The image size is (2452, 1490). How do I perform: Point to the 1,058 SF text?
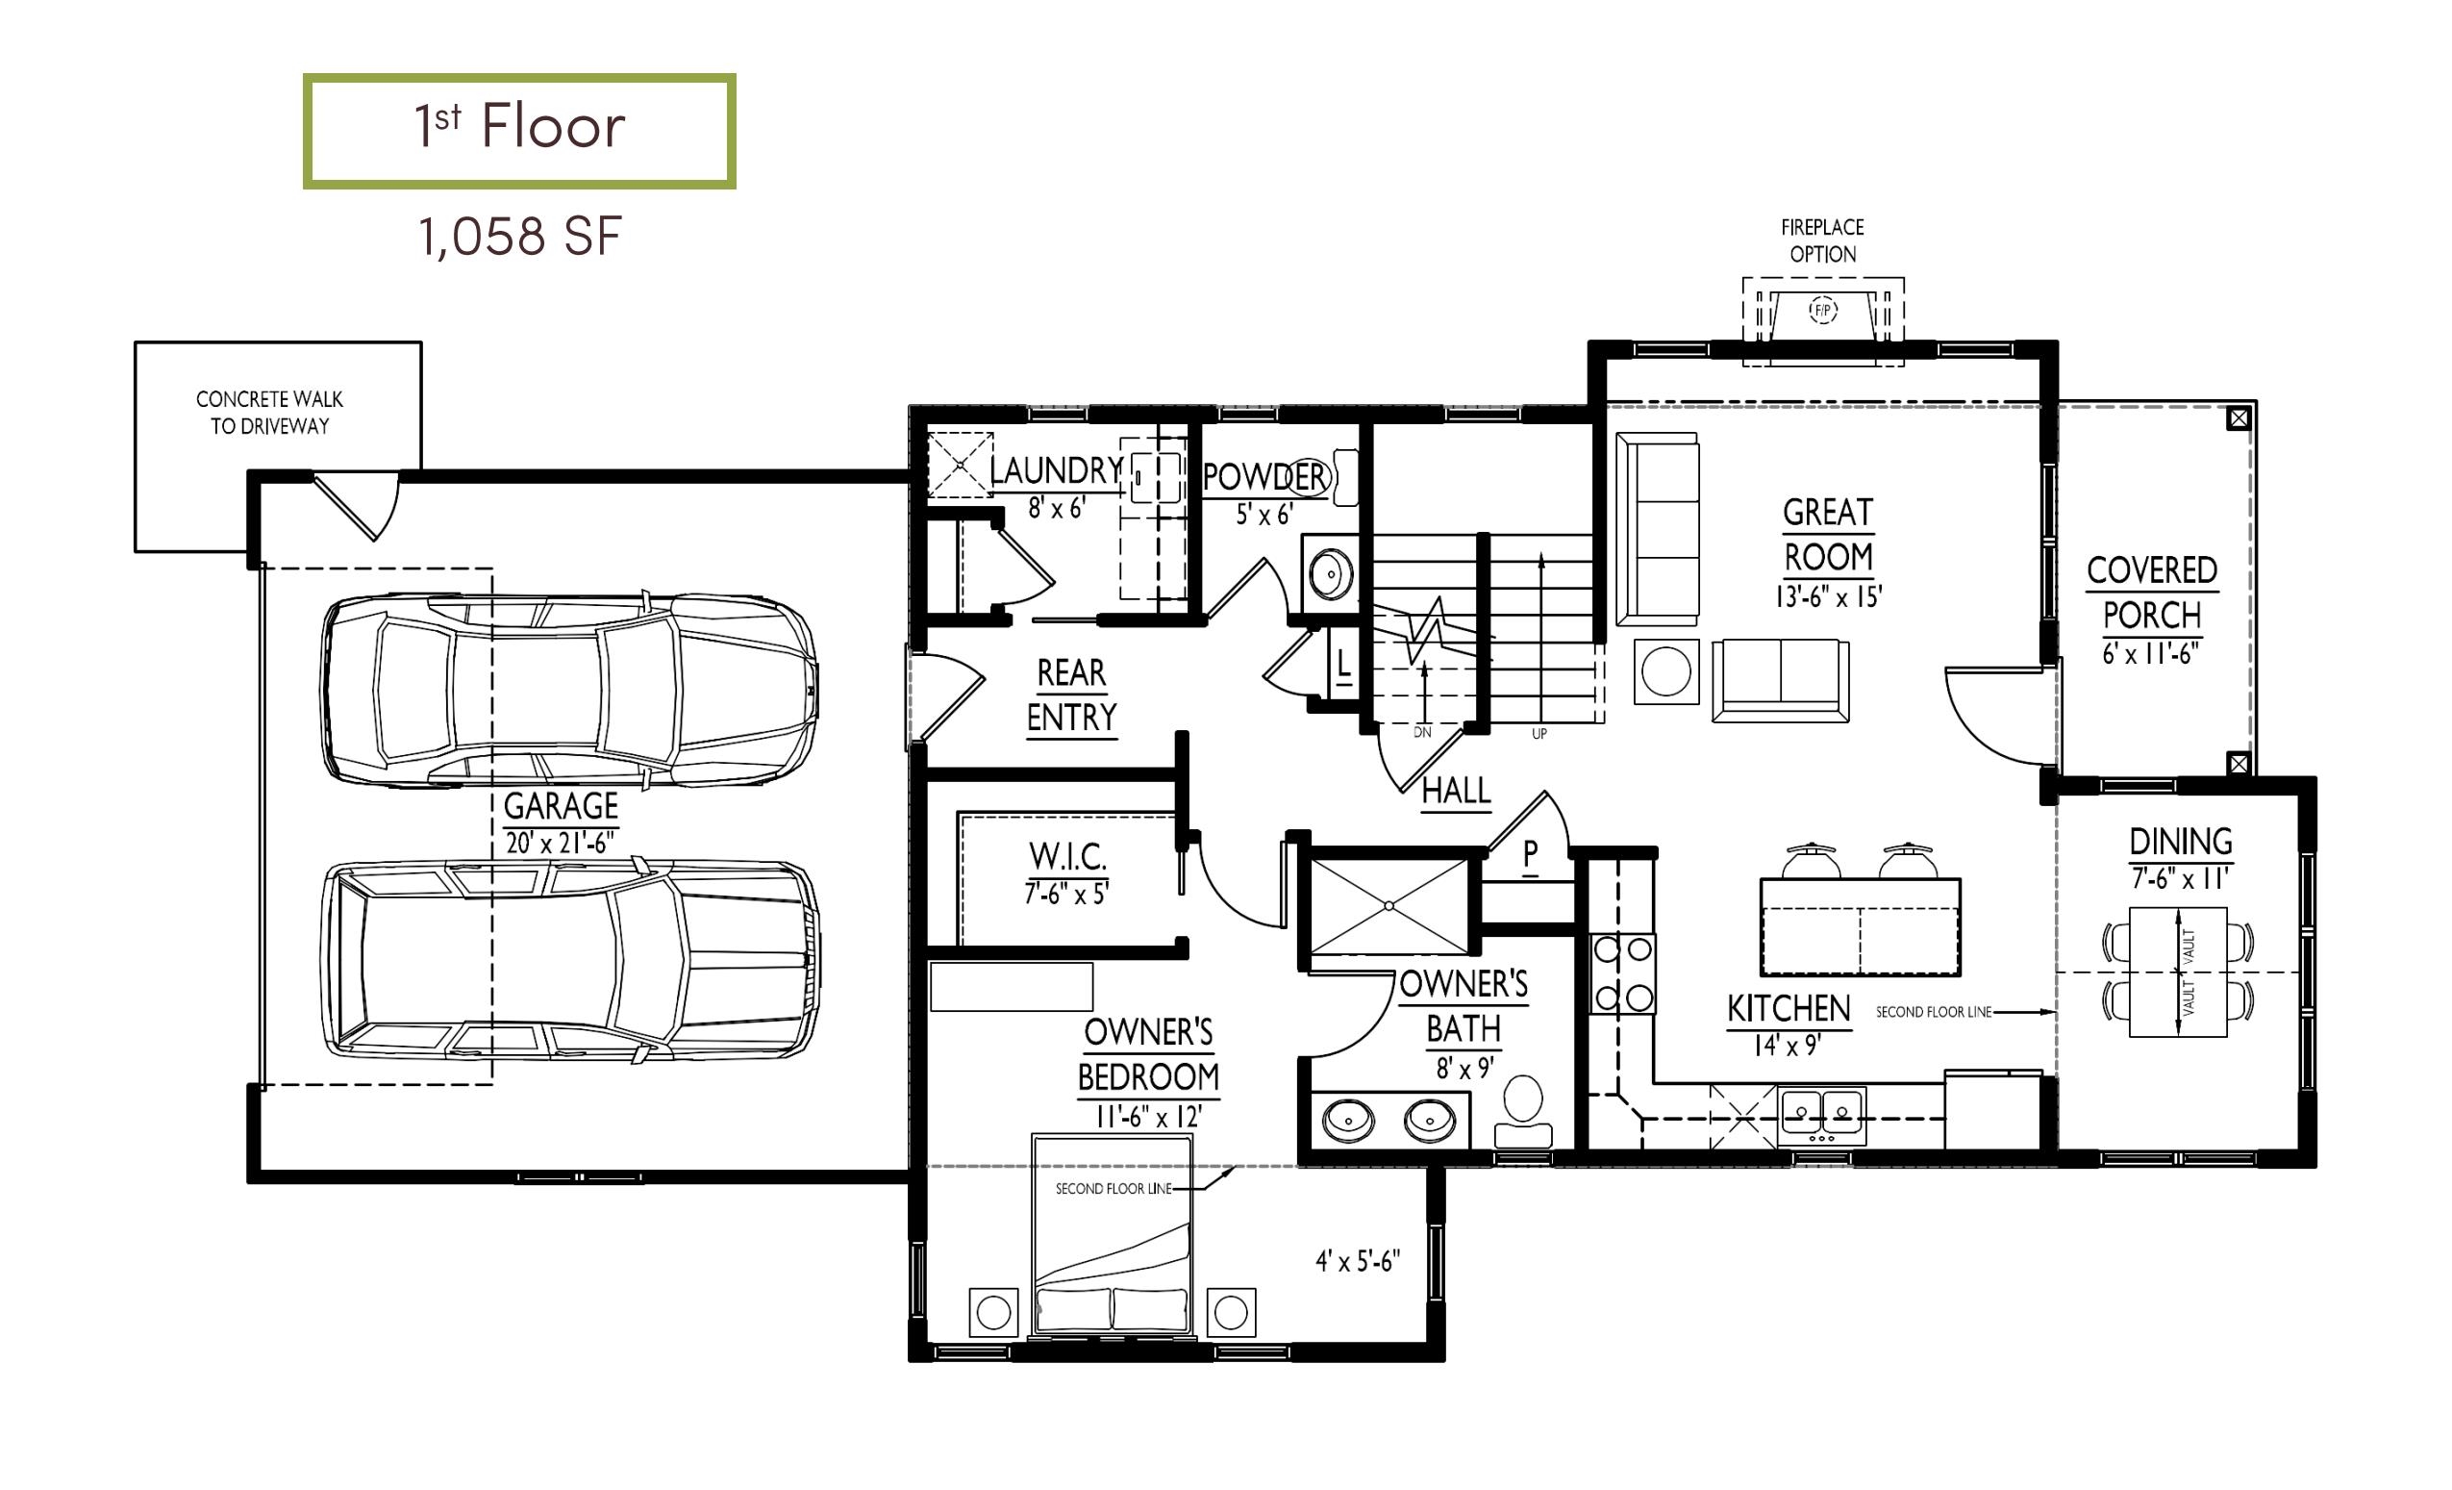520,237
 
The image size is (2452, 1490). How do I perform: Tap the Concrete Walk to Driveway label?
269,412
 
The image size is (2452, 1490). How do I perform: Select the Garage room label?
562,805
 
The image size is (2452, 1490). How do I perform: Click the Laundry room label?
1056,469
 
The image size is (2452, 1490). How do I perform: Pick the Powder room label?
1264,478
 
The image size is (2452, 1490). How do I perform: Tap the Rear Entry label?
1072,694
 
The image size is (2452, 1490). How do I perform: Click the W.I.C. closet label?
1066,855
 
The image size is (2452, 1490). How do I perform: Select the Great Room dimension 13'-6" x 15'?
1828,596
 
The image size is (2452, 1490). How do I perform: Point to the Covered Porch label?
2151,593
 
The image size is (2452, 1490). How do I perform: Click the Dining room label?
2180,842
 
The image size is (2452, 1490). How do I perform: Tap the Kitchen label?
1789,1008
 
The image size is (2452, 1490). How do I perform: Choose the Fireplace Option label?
1823,240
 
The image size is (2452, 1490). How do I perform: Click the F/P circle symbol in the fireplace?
1823,311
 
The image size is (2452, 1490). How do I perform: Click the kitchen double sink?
1822,1115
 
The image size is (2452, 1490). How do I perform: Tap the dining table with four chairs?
2177,972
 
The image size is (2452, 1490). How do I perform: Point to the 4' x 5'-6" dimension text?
1358,1262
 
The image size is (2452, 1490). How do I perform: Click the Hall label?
1456,792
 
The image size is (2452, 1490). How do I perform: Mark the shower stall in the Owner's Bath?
1389,906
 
